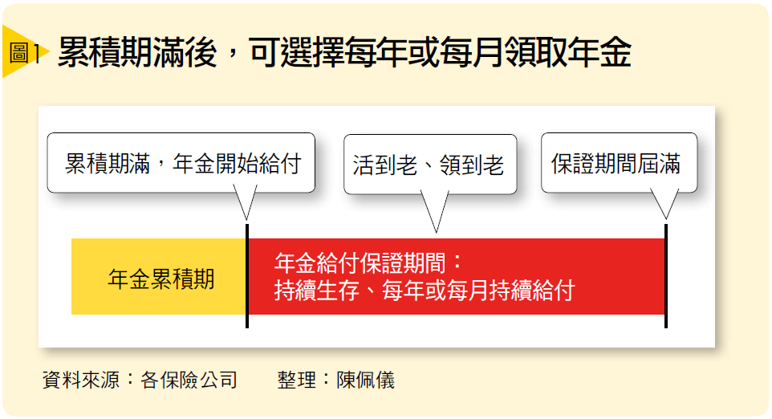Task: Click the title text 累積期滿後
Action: pyautogui.click(x=137, y=51)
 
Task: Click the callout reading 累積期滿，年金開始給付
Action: pyautogui.click(x=181, y=163)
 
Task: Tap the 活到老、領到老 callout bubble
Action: pyautogui.click(x=430, y=165)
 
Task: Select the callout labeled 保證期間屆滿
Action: pyautogui.click(x=619, y=163)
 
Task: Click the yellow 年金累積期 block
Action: pyautogui.click(x=159, y=277)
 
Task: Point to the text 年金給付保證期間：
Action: pyautogui.click(x=368, y=263)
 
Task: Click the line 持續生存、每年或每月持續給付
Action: pyautogui.click(x=425, y=291)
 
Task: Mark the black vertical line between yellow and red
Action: pyautogui.click(x=247, y=276)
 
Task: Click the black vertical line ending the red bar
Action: pyautogui.click(x=666, y=276)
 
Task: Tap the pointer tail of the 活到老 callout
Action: pyautogui.click(x=436, y=212)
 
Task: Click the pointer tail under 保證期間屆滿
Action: pyautogui.click(x=665, y=204)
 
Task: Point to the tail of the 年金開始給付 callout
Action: pyautogui.click(x=246, y=203)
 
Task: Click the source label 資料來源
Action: pyautogui.click(x=81, y=380)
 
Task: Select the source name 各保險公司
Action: pyautogui.click(x=189, y=380)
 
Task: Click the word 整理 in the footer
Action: pyautogui.click(x=297, y=380)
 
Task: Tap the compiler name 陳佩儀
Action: pyautogui.click(x=366, y=380)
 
